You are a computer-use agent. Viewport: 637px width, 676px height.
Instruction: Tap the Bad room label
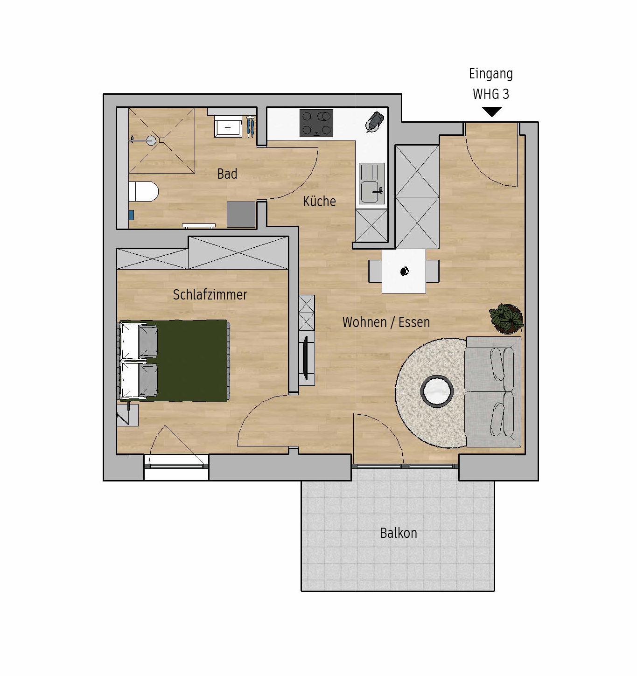coord(227,174)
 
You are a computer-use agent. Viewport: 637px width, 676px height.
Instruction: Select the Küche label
coord(319,201)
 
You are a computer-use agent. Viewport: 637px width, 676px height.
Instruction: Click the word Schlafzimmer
coord(210,294)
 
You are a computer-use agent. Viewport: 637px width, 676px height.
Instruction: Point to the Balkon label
coord(399,533)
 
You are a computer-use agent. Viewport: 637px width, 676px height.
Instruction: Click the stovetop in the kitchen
coord(316,123)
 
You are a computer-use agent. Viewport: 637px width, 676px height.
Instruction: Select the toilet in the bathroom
coord(143,192)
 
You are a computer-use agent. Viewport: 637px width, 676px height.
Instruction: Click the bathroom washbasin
coord(228,126)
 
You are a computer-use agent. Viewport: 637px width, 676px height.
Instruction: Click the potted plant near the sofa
coord(506,318)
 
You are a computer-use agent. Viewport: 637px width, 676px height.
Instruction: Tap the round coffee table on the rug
coord(437,391)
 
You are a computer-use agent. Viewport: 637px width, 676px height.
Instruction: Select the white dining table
coord(404,271)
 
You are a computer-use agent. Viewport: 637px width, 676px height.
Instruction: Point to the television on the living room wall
coord(306,358)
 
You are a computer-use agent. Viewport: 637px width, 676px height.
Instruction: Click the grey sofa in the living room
coord(493,391)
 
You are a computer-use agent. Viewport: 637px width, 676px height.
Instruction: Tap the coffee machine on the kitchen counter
coord(375,121)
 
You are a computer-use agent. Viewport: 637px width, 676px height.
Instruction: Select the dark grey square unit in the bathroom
coord(241,215)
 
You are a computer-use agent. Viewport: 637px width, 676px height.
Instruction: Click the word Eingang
coord(491,74)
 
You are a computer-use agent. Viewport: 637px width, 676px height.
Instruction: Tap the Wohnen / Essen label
coord(386,322)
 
